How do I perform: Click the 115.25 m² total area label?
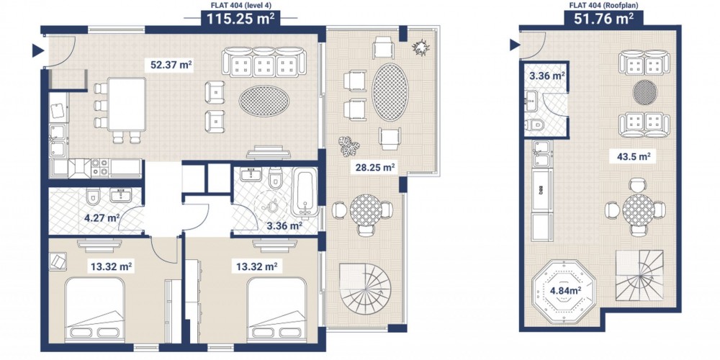(x=240, y=19)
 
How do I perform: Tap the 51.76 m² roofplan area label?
(x=604, y=19)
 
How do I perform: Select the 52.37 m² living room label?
(x=171, y=66)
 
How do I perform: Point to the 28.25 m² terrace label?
(x=376, y=168)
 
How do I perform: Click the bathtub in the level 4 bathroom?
(x=305, y=192)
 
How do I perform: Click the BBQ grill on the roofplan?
(x=542, y=190)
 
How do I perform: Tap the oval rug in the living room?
(x=264, y=101)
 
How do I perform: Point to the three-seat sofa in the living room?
(x=264, y=61)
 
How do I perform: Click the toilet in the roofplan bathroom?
(x=534, y=125)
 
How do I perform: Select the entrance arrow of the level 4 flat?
(x=37, y=50)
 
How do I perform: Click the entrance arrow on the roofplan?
(x=515, y=45)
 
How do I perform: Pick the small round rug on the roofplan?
(x=645, y=92)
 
